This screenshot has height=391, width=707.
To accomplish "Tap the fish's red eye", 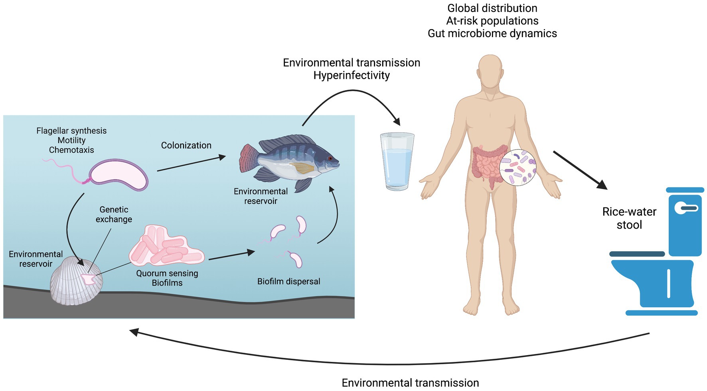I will pyautogui.click(x=330, y=158).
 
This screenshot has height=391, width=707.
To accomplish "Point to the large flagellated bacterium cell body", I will pyautogui.click(x=118, y=175).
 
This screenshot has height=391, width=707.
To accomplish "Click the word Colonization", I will pyautogui.click(x=186, y=145).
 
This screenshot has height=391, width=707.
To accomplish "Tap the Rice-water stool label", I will pyautogui.click(x=629, y=218).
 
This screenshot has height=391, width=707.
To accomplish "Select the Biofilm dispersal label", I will pyautogui.click(x=288, y=281).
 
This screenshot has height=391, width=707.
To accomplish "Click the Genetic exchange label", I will pyautogui.click(x=114, y=214).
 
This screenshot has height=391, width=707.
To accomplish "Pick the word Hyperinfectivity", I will pyautogui.click(x=352, y=75).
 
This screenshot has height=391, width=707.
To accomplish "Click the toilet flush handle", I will pyautogui.click(x=686, y=208).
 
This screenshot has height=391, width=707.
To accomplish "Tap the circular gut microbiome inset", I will pyautogui.click(x=518, y=168).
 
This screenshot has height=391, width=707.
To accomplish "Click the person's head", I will pyautogui.click(x=490, y=72).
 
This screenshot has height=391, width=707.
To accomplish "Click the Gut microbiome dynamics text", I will pyautogui.click(x=492, y=34).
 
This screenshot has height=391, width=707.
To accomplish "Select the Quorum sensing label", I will pyautogui.click(x=167, y=273).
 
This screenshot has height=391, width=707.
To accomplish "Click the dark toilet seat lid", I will pyautogui.click(x=637, y=254).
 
